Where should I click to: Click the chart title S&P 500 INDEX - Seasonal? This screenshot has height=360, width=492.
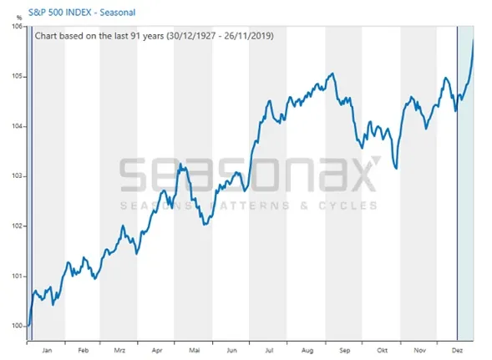click(82, 13)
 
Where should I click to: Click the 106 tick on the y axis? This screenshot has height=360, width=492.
click(17, 27)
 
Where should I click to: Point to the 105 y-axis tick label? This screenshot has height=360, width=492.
click(17, 77)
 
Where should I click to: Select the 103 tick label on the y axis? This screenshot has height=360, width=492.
click(17, 176)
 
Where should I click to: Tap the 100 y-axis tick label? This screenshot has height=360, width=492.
click(17, 326)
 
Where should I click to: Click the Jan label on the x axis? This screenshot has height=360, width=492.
click(47, 350)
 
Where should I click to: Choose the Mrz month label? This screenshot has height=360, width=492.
click(119, 350)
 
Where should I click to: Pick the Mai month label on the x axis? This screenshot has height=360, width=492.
click(195, 350)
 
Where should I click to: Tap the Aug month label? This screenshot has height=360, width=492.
click(307, 351)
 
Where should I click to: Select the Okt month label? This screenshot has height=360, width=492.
click(383, 350)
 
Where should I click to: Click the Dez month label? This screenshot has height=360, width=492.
click(457, 350)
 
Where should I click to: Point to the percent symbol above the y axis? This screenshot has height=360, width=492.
click(19, 18)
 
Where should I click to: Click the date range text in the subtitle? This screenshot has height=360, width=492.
click(220, 36)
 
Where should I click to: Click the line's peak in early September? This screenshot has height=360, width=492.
click(332, 74)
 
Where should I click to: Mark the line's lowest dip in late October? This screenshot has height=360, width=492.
click(397, 169)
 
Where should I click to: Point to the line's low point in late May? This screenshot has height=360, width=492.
click(205, 225)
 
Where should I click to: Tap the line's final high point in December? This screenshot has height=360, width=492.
click(473, 40)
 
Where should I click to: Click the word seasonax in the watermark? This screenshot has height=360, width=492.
click(250, 175)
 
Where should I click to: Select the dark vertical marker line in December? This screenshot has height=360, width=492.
click(457, 183)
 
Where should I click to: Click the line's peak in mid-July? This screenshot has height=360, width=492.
click(269, 101)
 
